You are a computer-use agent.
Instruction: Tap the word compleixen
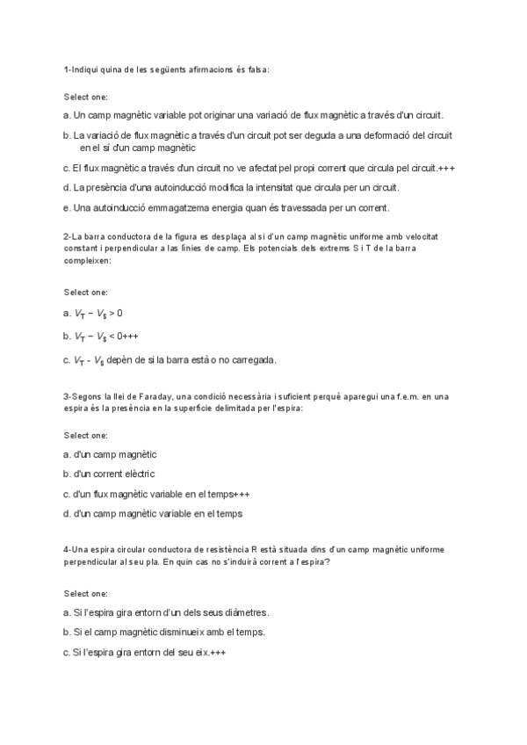click(85, 261)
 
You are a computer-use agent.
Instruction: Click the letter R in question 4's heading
click(253, 550)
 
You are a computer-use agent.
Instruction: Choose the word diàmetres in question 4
click(246, 612)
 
